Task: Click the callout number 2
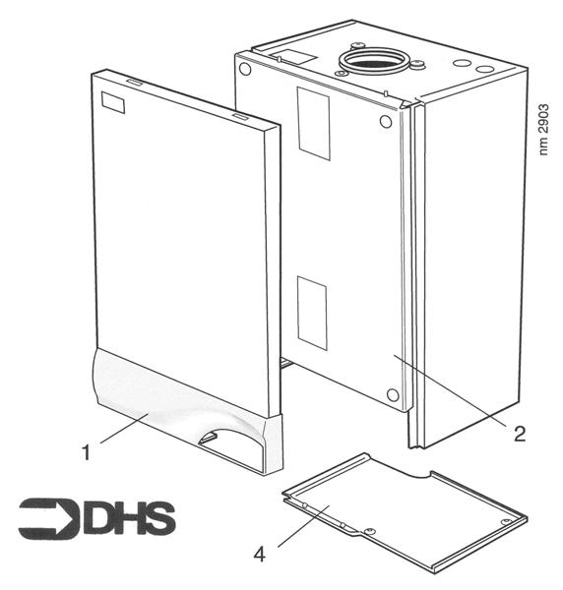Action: (x=519, y=434)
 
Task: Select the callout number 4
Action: (x=259, y=555)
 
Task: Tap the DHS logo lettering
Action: (x=128, y=517)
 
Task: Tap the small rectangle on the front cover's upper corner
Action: (x=115, y=102)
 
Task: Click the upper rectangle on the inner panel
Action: (x=315, y=124)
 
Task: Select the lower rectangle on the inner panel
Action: (x=312, y=312)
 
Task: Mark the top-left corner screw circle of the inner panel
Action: (x=244, y=70)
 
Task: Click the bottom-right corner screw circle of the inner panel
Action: (x=393, y=395)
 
